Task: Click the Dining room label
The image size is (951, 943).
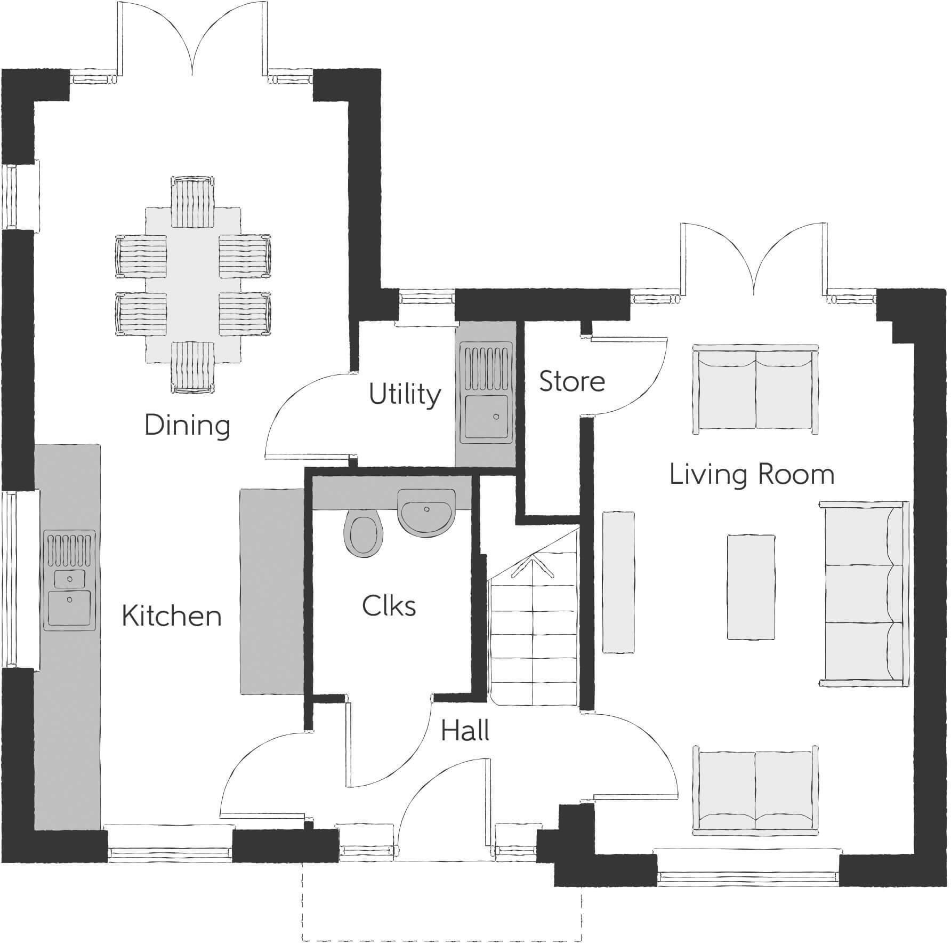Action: [x=187, y=426]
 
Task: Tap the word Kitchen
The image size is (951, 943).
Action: [x=171, y=616]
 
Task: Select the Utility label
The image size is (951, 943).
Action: [x=405, y=395]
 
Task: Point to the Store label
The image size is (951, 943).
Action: [x=572, y=381]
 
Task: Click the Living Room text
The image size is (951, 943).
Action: [x=752, y=475]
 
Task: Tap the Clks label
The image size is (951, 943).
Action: [x=389, y=606]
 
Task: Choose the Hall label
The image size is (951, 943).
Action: [x=465, y=731]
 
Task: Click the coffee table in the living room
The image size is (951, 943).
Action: [x=751, y=587]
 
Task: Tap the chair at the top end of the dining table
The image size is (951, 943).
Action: [x=193, y=203]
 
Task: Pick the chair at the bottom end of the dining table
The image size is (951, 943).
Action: [x=193, y=367]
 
